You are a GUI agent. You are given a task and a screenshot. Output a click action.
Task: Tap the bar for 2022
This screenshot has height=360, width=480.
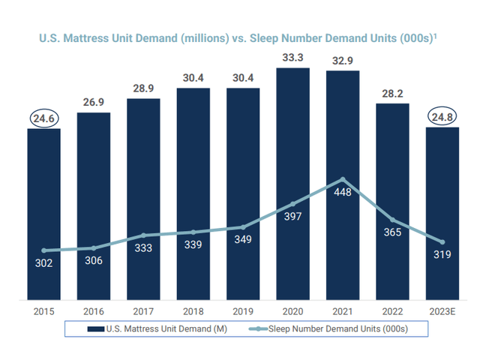392,202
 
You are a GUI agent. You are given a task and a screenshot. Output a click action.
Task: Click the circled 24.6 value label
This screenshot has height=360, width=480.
44,117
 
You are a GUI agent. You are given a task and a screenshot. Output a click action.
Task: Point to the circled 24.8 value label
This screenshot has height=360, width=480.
442,116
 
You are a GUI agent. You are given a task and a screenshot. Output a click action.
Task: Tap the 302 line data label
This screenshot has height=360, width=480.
44,264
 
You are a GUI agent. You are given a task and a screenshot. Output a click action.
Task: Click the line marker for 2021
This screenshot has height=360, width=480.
343,179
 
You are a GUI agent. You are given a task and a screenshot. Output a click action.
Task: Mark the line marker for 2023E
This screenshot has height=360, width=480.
442,242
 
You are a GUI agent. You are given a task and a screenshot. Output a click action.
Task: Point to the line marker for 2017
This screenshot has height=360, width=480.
143,235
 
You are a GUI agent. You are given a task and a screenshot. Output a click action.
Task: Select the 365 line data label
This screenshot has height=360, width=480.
392,232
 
